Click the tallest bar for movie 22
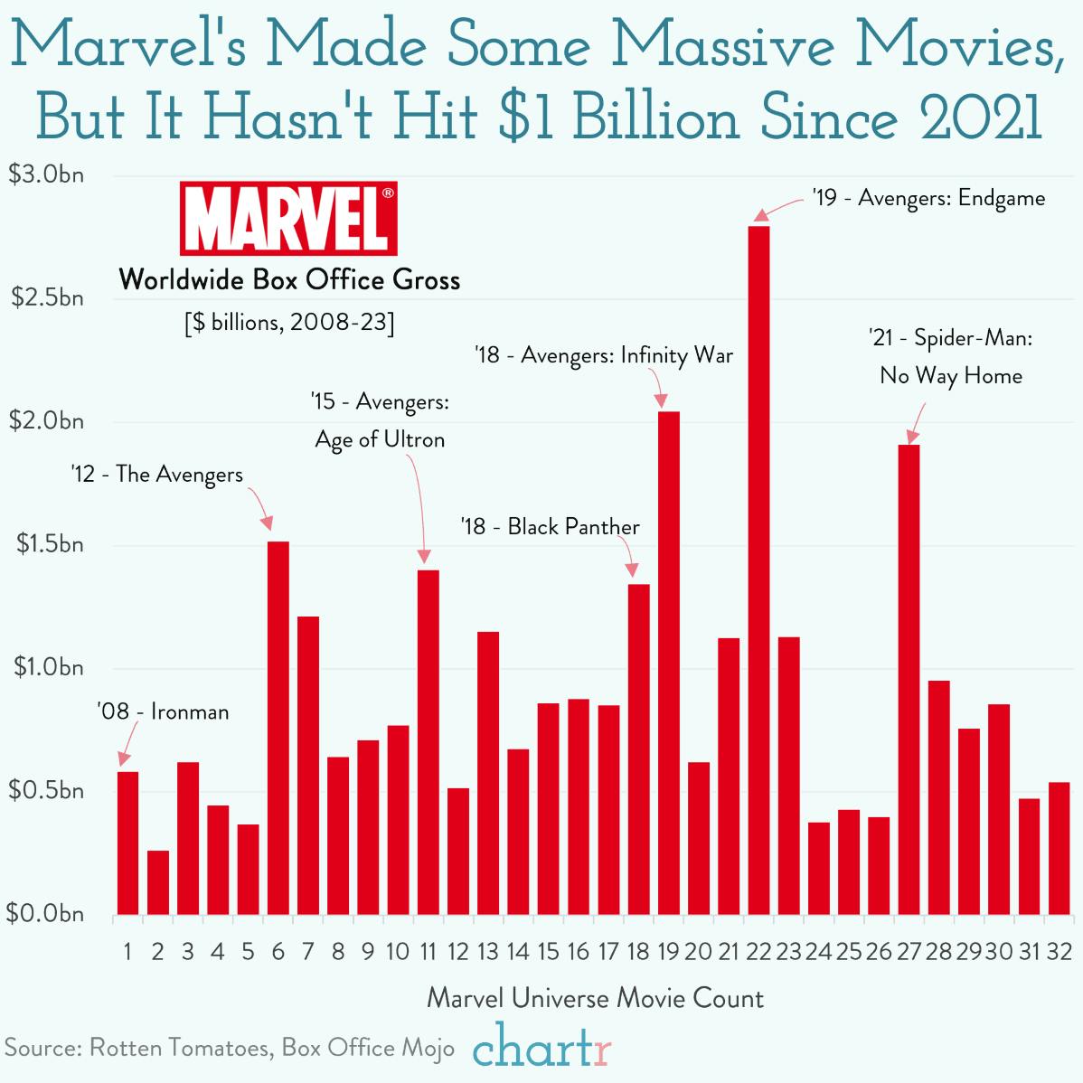[x=759, y=570]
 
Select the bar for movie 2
[x=158, y=882]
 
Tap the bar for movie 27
[x=909, y=678]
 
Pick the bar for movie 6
[x=278, y=728]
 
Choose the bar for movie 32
[x=1059, y=848]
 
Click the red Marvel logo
[x=288, y=218]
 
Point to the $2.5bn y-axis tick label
[x=47, y=297]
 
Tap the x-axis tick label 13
[x=488, y=951]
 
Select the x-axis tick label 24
[x=818, y=951]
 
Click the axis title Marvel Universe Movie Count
[x=595, y=998]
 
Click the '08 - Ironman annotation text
[x=163, y=711]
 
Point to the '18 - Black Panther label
[x=550, y=526]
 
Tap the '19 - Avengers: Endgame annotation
[x=928, y=198]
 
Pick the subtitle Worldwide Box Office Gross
[x=289, y=279]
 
